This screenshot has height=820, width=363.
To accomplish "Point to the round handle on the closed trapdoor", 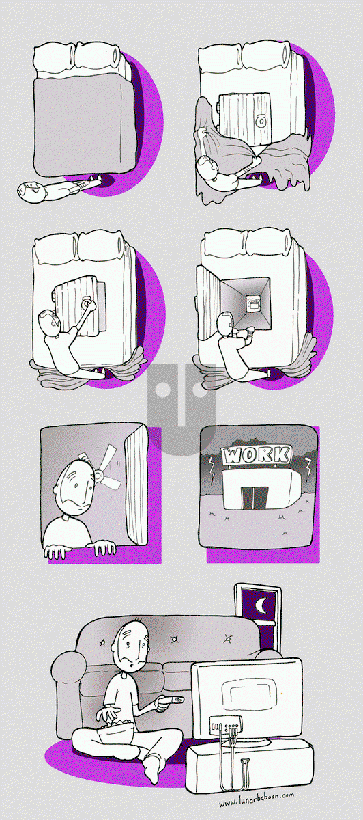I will pyautogui.click(x=261, y=121).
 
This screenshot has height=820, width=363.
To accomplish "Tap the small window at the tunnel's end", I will pyautogui.click(x=253, y=303).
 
